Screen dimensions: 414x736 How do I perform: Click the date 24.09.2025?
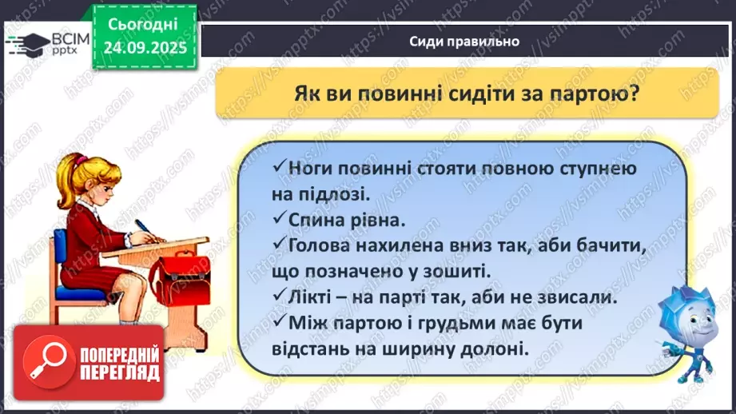click(x=145, y=46)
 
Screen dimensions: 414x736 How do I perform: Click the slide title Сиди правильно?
click(x=464, y=42)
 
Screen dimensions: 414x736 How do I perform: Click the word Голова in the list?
click(x=323, y=243)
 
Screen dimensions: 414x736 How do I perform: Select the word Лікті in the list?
click(x=313, y=297)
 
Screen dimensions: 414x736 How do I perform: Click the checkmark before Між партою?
click(x=278, y=322)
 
